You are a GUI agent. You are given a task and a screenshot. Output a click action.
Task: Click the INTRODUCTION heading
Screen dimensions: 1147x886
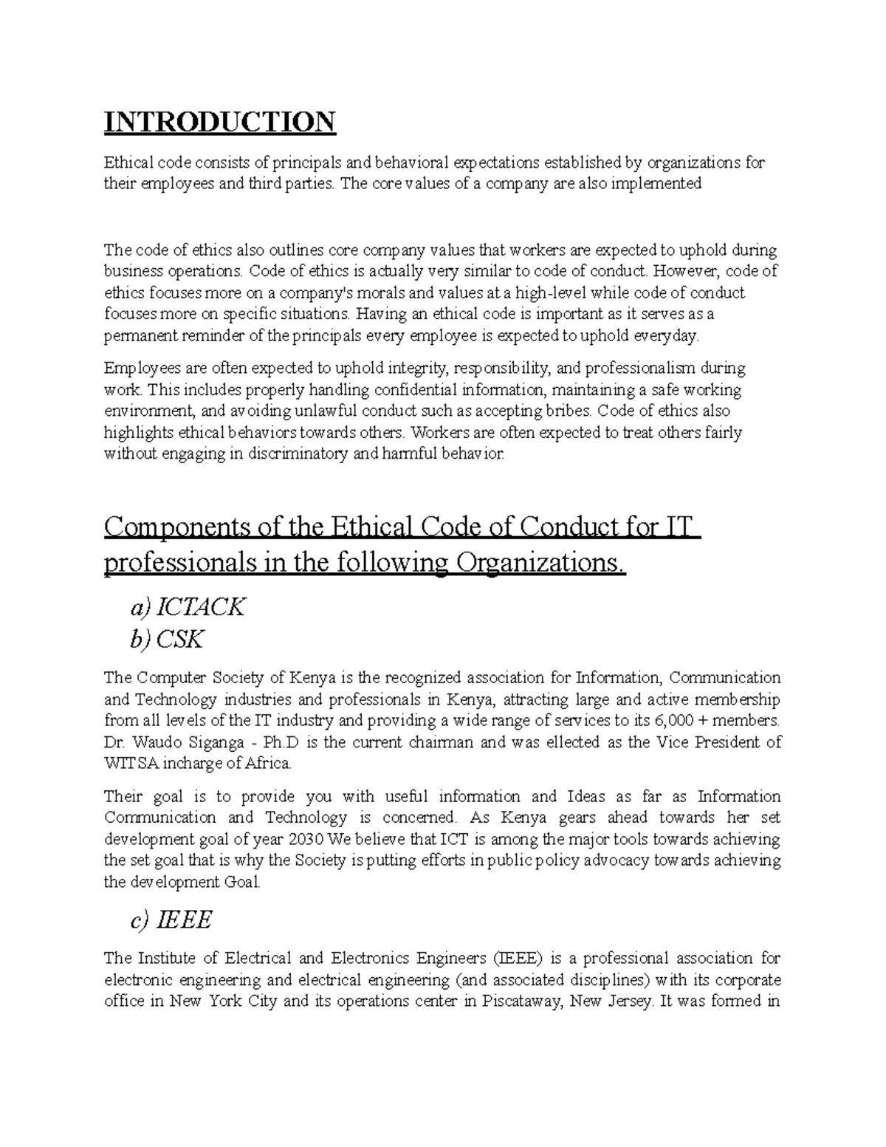click(x=220, y=121)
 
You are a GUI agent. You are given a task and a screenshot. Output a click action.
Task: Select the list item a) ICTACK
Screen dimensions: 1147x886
click(x=187, y=607)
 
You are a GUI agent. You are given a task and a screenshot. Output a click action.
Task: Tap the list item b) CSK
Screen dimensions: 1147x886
click(x=166, y=640)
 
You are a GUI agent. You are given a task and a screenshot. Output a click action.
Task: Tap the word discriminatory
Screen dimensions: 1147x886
click(x=298, y=453)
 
